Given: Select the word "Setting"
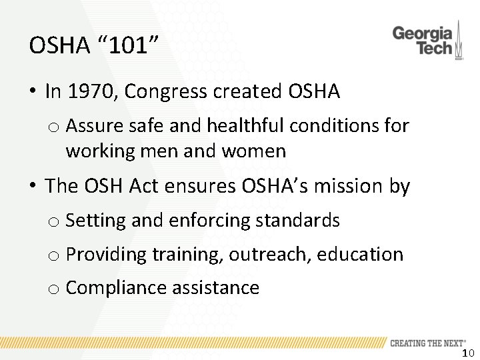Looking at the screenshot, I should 96,220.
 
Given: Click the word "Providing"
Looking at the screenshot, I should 106,254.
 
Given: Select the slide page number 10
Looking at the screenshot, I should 467,353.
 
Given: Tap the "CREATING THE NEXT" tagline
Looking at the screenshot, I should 427,343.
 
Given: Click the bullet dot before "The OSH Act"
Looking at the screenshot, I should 32,186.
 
